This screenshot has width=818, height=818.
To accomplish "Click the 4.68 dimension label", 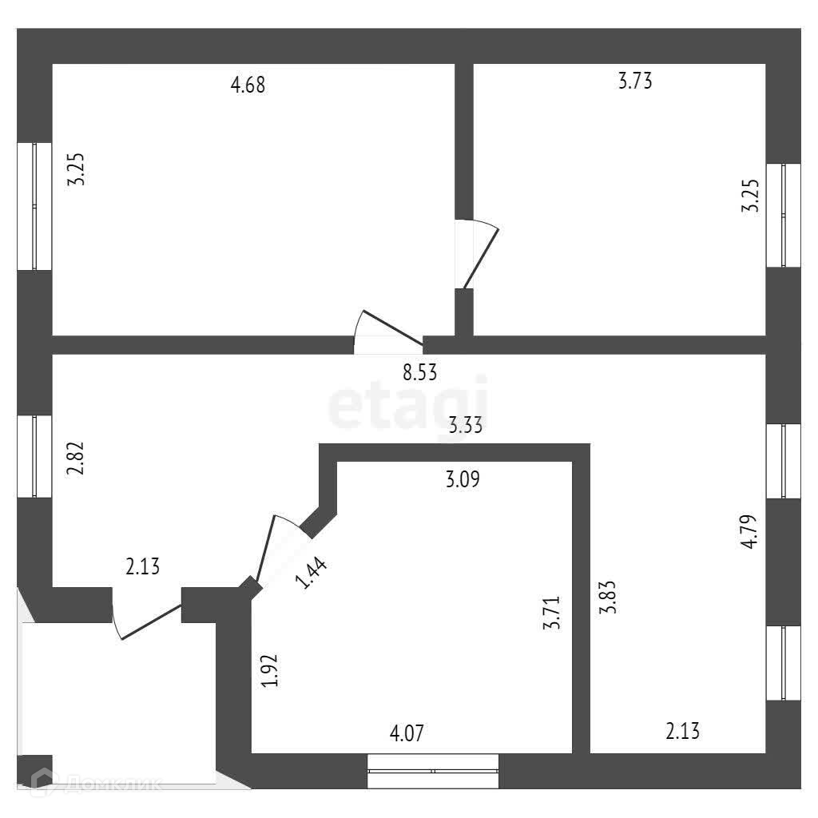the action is (248, 85).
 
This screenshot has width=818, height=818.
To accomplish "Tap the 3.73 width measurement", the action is (635, 81).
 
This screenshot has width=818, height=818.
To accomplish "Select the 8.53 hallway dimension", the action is (420, 372).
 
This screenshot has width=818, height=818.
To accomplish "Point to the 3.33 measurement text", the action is (465, 425).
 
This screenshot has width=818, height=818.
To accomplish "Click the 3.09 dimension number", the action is (463, 480).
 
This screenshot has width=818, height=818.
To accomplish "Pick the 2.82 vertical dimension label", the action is (76, 457).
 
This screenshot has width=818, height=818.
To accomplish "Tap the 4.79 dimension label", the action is (749, 531).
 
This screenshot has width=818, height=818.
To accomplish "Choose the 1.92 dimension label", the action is (269, 671).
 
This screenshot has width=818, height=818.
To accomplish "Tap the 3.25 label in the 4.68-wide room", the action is (76, 169).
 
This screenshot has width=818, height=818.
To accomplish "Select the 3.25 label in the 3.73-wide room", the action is (749, 195).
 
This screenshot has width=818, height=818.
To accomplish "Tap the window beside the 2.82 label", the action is (34, 456).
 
